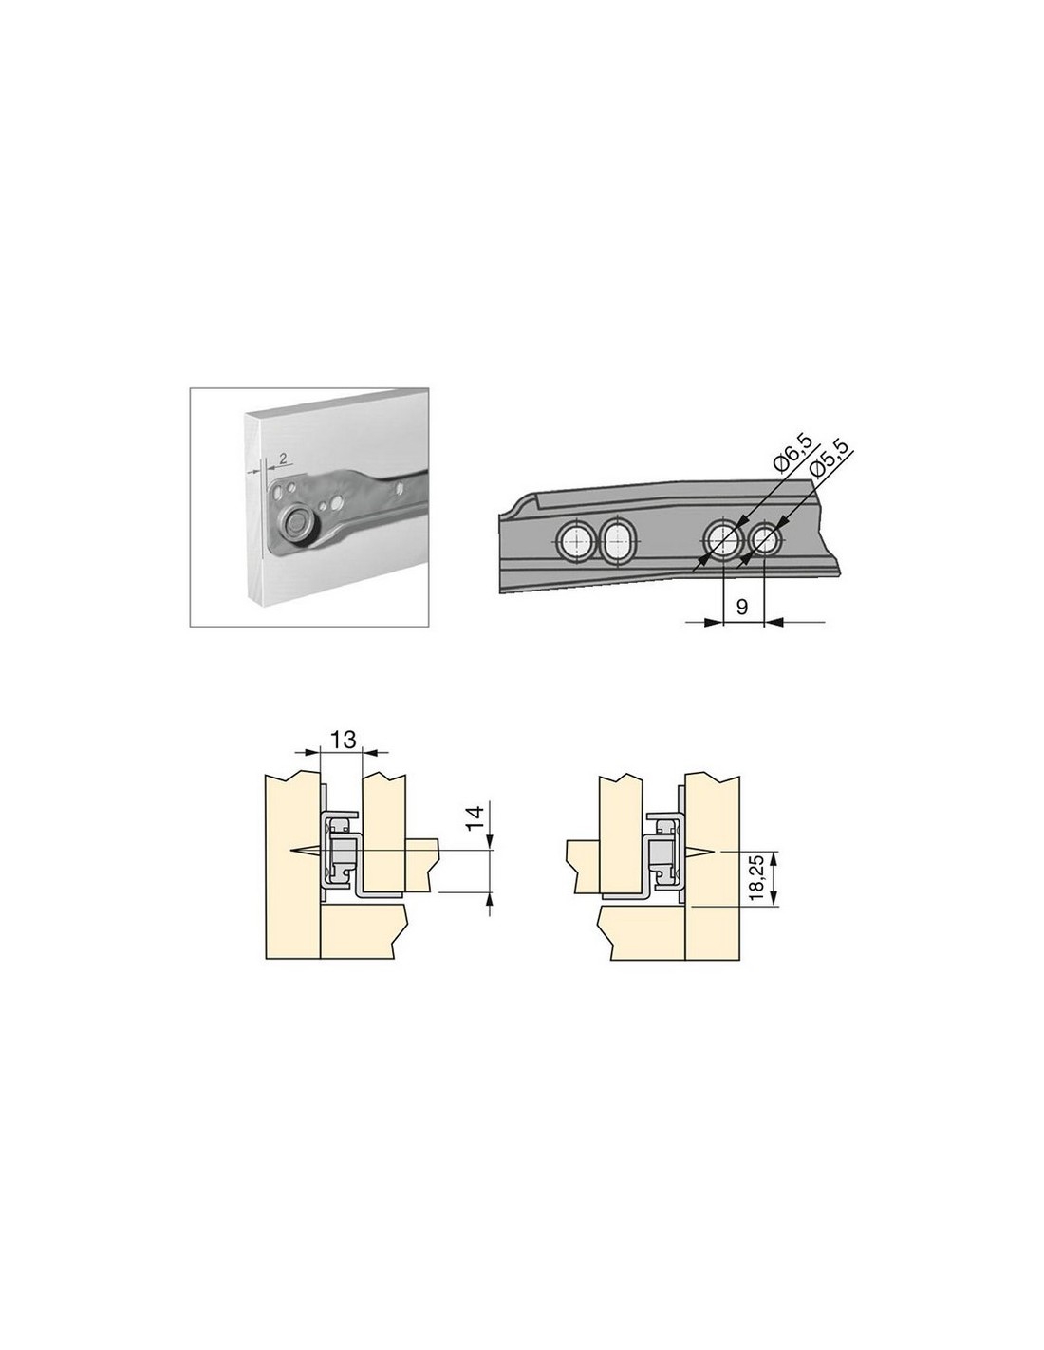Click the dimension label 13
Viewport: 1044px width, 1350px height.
(343, 740)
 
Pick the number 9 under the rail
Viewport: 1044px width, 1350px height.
(742, 607)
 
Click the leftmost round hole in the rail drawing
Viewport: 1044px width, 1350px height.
(576, 540)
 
